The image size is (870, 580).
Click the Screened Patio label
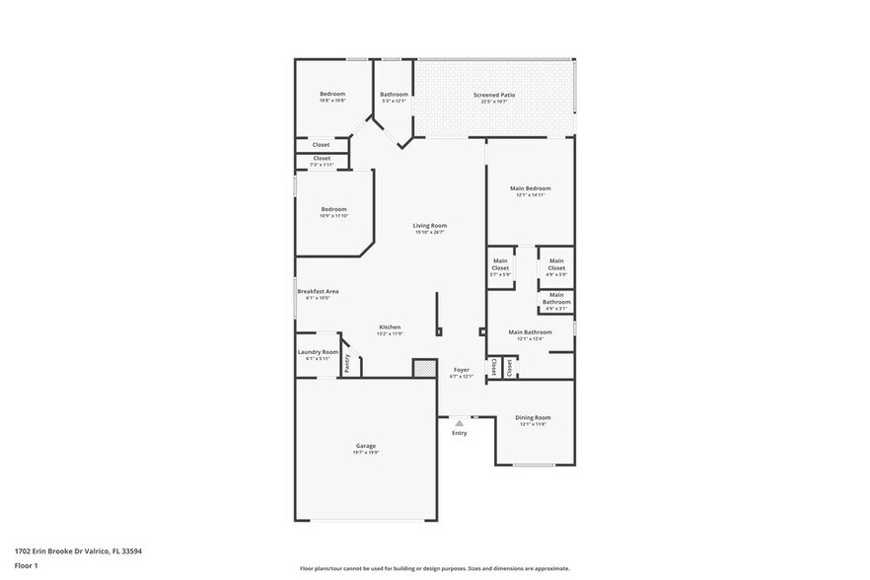[x=494, y=96]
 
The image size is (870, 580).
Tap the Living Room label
[x=429, y=226]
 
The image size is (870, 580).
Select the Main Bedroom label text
[x=530, y=188]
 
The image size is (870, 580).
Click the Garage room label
[x=365, y=446]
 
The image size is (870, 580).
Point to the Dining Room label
[x=533, y=418]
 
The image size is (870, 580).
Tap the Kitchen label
[x=390, y=327]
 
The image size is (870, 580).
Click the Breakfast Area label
[x=319, y=292]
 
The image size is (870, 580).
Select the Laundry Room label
[x=318, y=353]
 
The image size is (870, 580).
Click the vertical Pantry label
[x=347, y=363]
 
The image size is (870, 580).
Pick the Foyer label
[x=461, y=369]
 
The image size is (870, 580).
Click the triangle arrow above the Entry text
[x=459, y=422]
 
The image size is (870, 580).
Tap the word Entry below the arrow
[x=460, y=433]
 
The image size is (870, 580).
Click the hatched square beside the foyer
[x=424, y=368]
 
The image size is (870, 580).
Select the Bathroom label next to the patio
[x=394, y=95]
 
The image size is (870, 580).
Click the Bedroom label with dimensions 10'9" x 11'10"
[x=332, y=209]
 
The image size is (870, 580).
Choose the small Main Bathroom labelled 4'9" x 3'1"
[x=556, y=298]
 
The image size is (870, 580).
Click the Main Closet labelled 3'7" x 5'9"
[x=500, y=264]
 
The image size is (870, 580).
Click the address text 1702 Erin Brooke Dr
[x=78, y=551]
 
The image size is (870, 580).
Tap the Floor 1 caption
[x=26, y=565]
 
